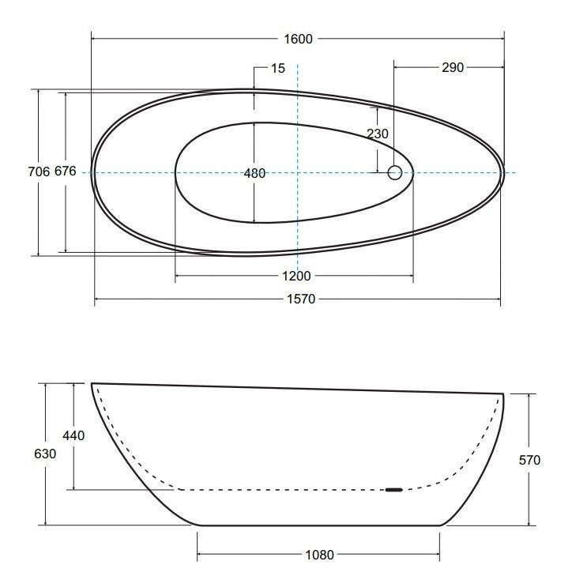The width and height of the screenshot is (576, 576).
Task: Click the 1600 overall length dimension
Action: coord(298,39)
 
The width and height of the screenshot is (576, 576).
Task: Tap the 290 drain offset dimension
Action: coord(453,67)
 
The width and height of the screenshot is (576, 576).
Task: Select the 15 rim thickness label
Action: coord(277,68)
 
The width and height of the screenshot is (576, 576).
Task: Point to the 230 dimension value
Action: coord(378,134)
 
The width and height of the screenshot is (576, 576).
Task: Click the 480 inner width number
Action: coord(254,173)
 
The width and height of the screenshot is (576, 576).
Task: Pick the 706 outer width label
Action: coord(39,171)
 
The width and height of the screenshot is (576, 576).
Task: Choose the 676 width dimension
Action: coord(66,171)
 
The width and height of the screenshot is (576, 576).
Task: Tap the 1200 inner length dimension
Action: coord(296,276)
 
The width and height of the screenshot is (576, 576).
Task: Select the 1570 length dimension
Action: coord(301,299)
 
